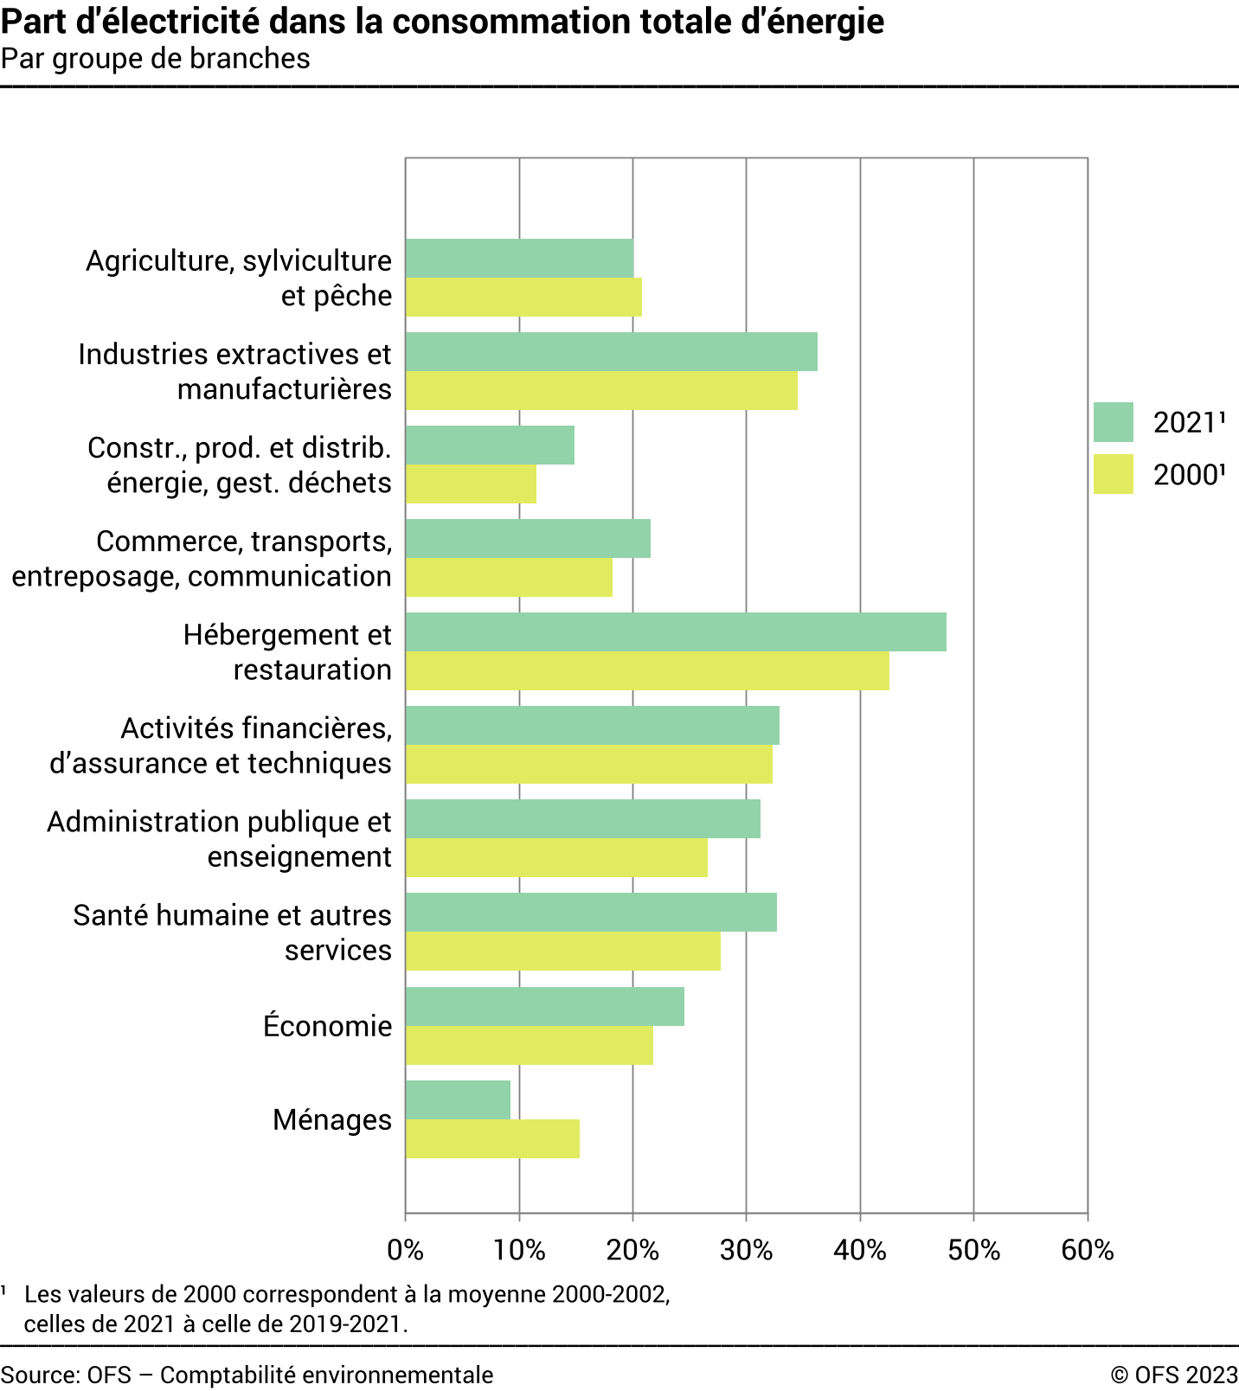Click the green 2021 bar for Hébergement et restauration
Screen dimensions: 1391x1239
676,632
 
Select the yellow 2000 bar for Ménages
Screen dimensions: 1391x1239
492,1139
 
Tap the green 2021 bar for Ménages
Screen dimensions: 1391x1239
458,1099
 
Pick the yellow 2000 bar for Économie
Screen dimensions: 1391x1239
530,1046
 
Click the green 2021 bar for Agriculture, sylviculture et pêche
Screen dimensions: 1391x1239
519,258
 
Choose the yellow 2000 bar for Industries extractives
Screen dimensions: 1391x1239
601,391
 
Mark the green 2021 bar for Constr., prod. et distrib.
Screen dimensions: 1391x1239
490,445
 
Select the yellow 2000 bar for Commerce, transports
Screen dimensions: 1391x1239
509,578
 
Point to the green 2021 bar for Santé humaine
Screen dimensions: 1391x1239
591,913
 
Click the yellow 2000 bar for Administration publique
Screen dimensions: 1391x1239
556,858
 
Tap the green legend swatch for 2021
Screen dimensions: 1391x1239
1113,422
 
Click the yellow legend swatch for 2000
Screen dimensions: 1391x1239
1113,474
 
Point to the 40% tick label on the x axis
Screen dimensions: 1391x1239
860,1251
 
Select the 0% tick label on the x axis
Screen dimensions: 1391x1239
405,1251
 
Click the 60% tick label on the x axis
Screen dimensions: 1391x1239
1088,1251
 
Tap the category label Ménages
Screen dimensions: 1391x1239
332,1120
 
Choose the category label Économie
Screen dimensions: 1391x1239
327,1027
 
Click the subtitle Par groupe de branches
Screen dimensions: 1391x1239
156,59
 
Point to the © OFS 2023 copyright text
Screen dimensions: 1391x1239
1174,1375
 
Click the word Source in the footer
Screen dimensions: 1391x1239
40,1375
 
